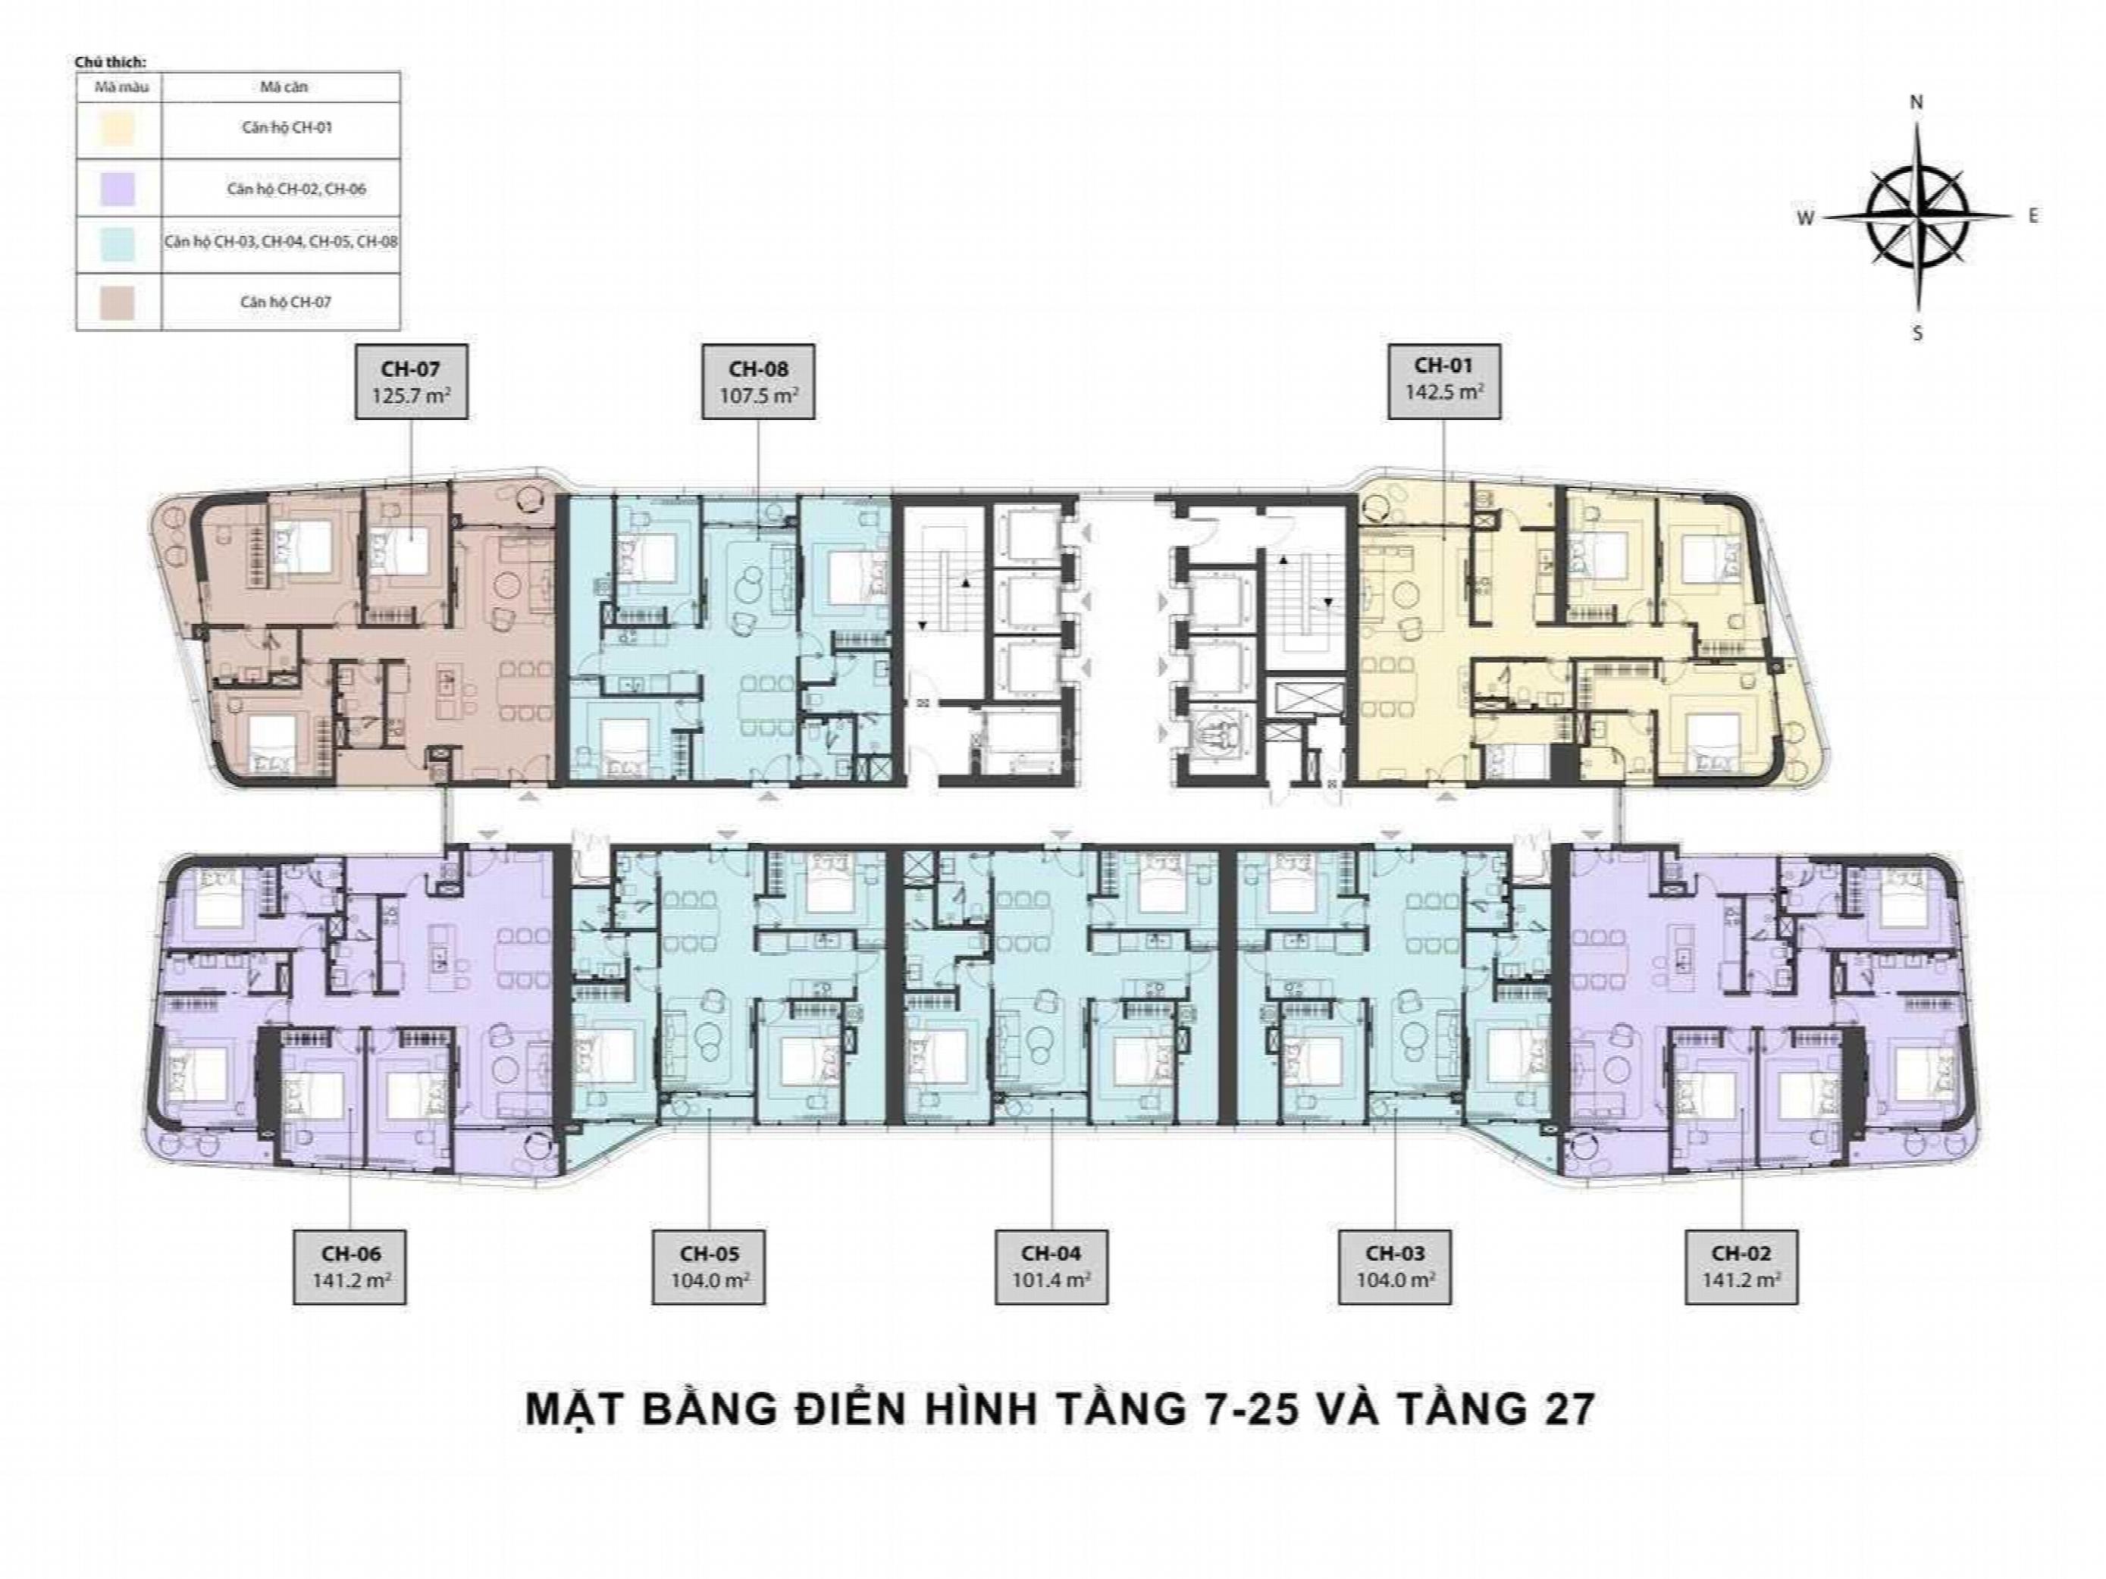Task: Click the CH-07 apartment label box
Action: click(x=412, y=381)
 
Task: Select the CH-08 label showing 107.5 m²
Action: click(x=758, y=381)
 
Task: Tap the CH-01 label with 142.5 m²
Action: click(x=1443, y=381)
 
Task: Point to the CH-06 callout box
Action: click(x=351, y=1267)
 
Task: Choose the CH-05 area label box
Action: click(x=710, y=1267)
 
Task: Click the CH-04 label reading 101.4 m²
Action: click(x=1052, y=1267)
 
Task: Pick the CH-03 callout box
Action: click(x=1395, y=1267)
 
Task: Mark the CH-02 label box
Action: click(x=1741, y=1267)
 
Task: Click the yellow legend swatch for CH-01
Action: click(x=118, y=129)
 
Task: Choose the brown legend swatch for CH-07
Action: click(x=118, y=302)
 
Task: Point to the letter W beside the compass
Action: click(x=1805, y=218)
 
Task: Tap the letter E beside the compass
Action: click(x=2034, y=216)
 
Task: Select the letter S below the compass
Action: click(x=1917, y=333)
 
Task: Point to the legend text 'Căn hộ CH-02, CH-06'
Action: click(x=296, y=189)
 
